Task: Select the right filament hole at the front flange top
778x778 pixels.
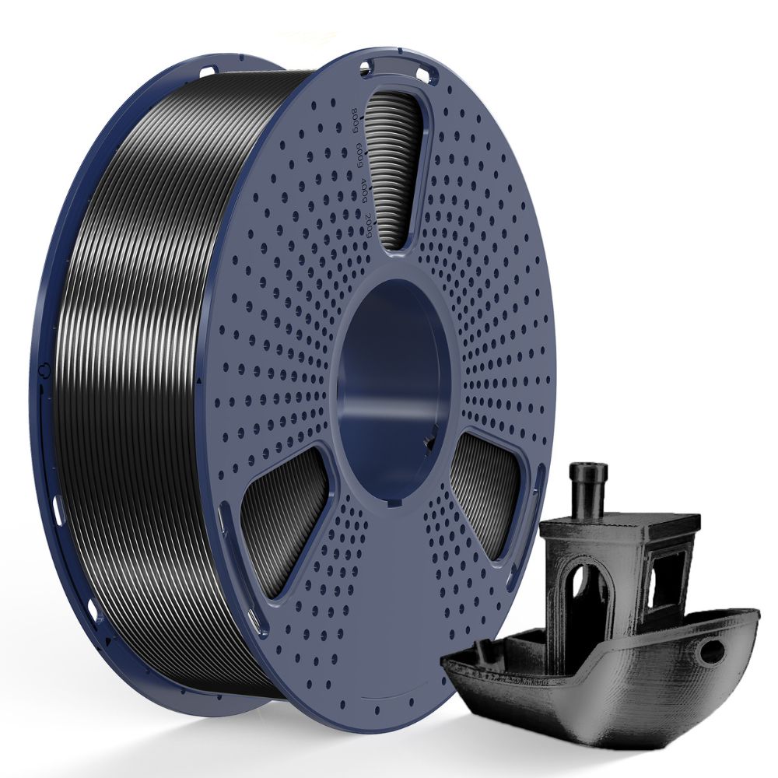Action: pos(424,75)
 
